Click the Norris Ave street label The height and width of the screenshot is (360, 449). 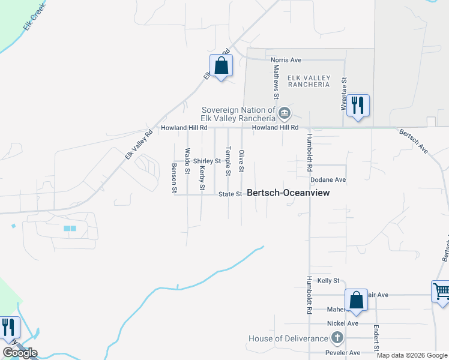pyautogui.click(x=286, y=60)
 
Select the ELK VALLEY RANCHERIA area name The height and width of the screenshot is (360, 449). pyautogui.click(x=309, y=80)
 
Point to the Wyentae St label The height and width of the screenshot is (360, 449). pyautogui.click(x=344, y=94)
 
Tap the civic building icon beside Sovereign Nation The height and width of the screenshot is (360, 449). pyautogui.click(x=285, y=112)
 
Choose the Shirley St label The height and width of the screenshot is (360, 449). pyautogui.click(x=207, y=161)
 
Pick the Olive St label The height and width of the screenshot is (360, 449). pyautogui.click(x=241, y=161)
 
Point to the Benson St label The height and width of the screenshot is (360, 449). pyautogui.click(x=175, y=178)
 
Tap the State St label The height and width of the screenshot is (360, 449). pyautogui.click(x=230, y=194)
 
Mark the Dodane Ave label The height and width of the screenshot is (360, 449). pyautogui.click(x=328, y=179)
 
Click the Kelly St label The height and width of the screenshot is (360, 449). pyautogui.click(x=328, y=280)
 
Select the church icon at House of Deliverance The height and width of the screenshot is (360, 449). pyautogui.click(x=337, y=338)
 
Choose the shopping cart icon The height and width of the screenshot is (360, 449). pyautogui.click(x=441, y=292)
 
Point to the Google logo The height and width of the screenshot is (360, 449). pyautogui.click(x=20, y=353)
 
